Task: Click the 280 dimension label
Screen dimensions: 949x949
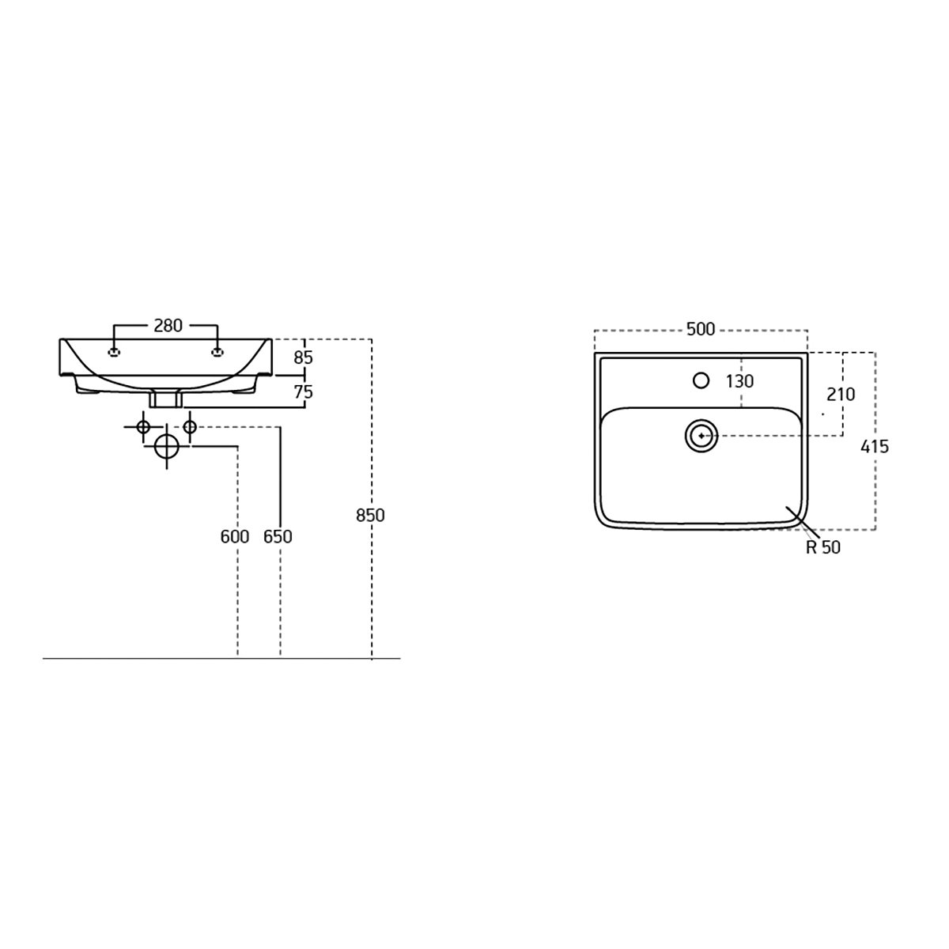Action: [168, 326]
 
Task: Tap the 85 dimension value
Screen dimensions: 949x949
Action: [303, 358]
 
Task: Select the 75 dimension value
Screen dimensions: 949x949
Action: [303, 392]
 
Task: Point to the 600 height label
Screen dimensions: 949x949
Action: [234, 536]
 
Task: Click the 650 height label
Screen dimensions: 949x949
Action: [278, 536]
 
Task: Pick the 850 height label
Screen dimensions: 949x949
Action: [370, 516]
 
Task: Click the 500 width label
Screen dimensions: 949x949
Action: [701, 329]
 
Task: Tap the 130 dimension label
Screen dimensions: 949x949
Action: [739, 381]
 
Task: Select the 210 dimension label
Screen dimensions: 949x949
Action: [841, 395]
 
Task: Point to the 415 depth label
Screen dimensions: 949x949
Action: [875, 447]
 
